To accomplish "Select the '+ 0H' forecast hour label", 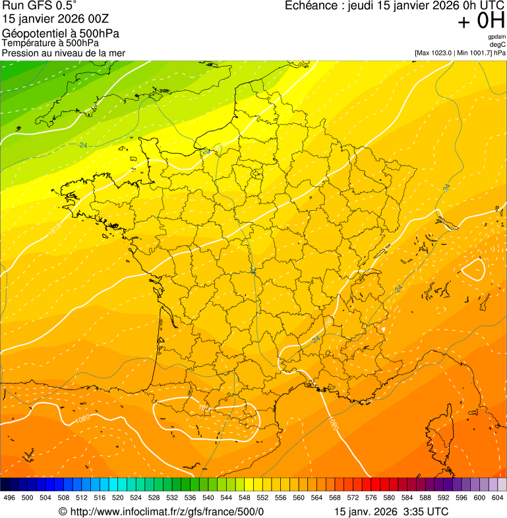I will [481, 21].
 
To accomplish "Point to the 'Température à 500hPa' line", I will [50, 43].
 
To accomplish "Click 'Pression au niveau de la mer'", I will [63, 53].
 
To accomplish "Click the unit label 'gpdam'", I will [497, 37].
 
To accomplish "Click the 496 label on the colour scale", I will [9, 498].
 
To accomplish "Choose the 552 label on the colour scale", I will [262, 498].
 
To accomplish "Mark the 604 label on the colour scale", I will [498, 498].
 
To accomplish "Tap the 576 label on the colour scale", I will [371, 498].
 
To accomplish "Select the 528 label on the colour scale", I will [154, 498].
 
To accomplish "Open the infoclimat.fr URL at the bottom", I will [162, 511].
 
